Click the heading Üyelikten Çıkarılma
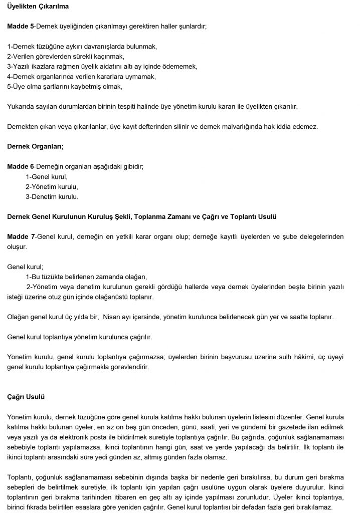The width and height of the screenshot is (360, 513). [38, 8]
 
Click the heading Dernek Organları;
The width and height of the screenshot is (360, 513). [36, 147]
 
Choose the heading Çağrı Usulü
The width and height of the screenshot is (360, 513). [26, 397]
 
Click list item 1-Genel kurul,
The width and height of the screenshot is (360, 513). [47, 176]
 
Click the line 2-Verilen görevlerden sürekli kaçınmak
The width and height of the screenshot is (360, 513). [66, 56]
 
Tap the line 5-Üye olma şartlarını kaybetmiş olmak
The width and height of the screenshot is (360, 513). [65, 86]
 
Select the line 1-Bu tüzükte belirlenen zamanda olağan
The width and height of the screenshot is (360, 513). [86, 277]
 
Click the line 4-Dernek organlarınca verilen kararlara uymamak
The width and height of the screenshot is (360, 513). [82, 76]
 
